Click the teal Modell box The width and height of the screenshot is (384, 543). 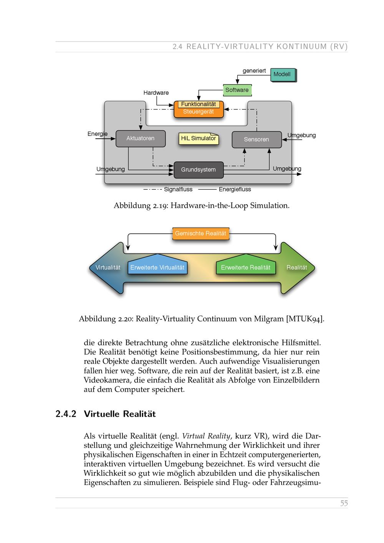click(x=283, y=74)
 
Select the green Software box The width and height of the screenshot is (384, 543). click(x=237, y=90)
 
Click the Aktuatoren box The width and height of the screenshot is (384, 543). click(x=141, y=138)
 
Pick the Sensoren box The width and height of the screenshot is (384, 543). click(x=257, y=139)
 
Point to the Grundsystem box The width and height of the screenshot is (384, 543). click(x=199, y=170)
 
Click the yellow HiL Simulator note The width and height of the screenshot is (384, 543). click(x=199, y=139)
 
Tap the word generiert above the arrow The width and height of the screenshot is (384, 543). click(x=254, y=71)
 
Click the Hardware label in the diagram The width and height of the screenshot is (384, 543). click(x=156, y=93)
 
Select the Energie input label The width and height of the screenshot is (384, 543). click(x=98, y=134)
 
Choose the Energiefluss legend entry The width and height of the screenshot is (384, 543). click(x=235, y=189)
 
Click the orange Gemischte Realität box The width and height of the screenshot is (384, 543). click(x=200, y=233)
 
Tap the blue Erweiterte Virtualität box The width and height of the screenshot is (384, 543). click(x=157, y=267)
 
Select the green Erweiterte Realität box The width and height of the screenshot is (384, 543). click(x=246, y=267)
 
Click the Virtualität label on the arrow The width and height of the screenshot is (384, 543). click(x=108, y=268)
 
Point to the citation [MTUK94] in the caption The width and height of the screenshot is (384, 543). click(x=305, y=319)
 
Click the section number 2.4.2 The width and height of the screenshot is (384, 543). click(x=66, y=414)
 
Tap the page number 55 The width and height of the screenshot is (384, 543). click(x=344, y=503)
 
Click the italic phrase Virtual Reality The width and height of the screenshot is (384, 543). click(x=206, y=436)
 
